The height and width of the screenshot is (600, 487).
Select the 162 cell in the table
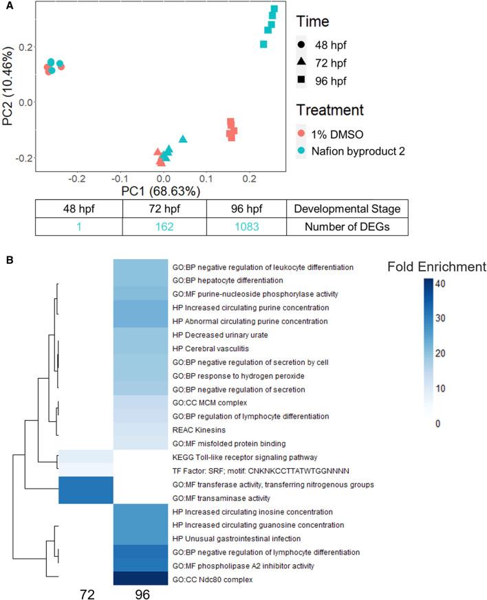[163, 226]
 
